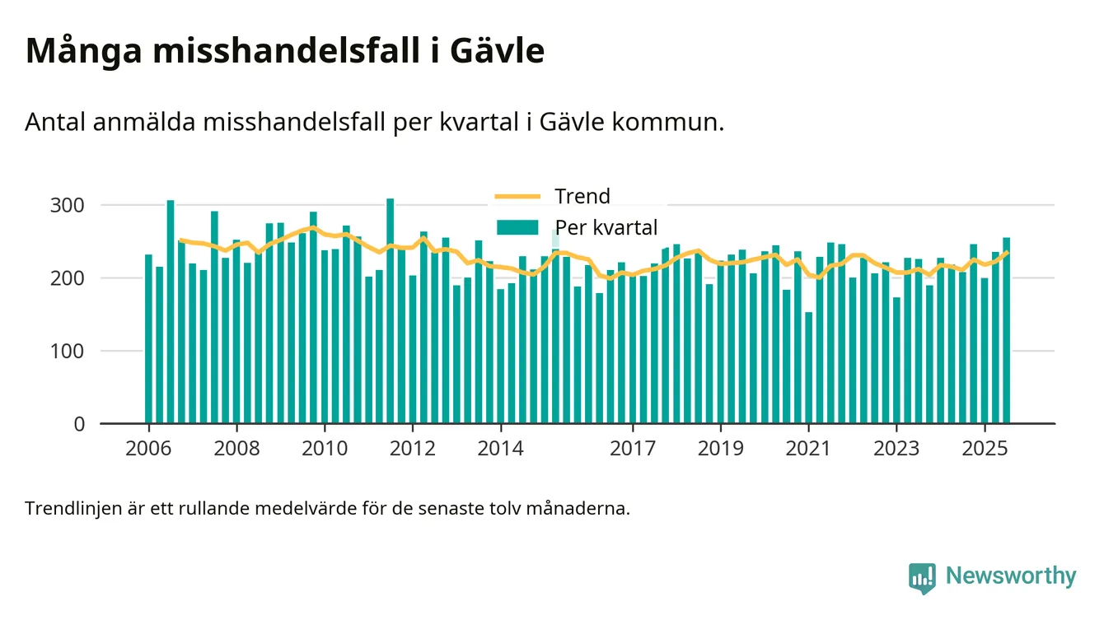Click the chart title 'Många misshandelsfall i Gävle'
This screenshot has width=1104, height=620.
285,51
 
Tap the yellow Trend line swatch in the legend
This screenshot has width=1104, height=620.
517,197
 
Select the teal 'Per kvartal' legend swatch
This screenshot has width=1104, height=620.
517,227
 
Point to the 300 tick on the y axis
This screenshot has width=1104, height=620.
68,205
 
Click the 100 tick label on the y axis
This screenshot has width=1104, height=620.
68,352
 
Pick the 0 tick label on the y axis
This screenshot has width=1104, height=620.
79,424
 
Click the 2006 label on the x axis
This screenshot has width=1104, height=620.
149,450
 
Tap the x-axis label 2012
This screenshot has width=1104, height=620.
413,450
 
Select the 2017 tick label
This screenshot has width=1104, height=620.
633,450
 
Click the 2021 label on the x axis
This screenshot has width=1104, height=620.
808,450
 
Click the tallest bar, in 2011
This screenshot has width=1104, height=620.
391,313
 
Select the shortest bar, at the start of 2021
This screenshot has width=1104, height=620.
809,368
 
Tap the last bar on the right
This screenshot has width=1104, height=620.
1007,331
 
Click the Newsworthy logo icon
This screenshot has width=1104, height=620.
922,577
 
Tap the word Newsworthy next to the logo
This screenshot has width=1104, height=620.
1011,576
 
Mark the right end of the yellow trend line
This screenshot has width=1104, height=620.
1007,252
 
